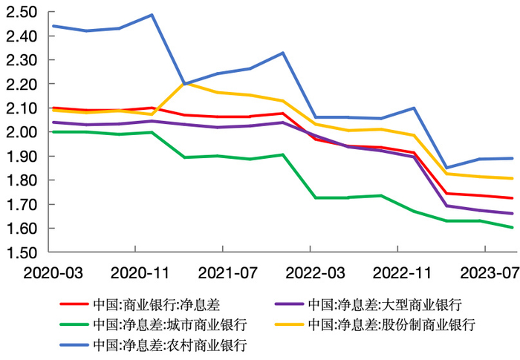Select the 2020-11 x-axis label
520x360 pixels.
[x=134, y=272]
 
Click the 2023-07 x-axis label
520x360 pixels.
[x=487, y=272]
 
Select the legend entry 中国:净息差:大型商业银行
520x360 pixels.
[x=385, y=304]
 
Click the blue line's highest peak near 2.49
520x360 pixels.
[x=152, y=15]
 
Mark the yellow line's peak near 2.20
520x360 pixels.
[x=184, y=83]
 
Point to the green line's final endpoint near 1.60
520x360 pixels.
[x=511, y=227]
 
